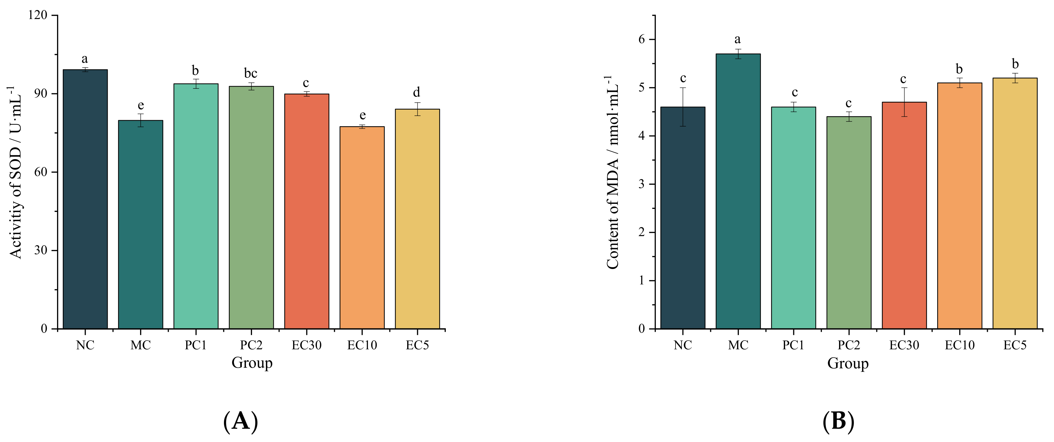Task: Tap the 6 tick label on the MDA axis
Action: click(641, 40)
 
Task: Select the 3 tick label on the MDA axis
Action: click(641, 184)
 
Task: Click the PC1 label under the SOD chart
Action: click(196, 345)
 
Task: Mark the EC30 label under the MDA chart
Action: click(904, 345)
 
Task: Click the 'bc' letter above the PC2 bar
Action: click(251, 73)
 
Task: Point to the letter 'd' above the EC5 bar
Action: click(417, 92)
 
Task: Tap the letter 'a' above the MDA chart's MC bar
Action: click(737, 39)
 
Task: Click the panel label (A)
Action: click(241, 421)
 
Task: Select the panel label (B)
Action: click(838, 421)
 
